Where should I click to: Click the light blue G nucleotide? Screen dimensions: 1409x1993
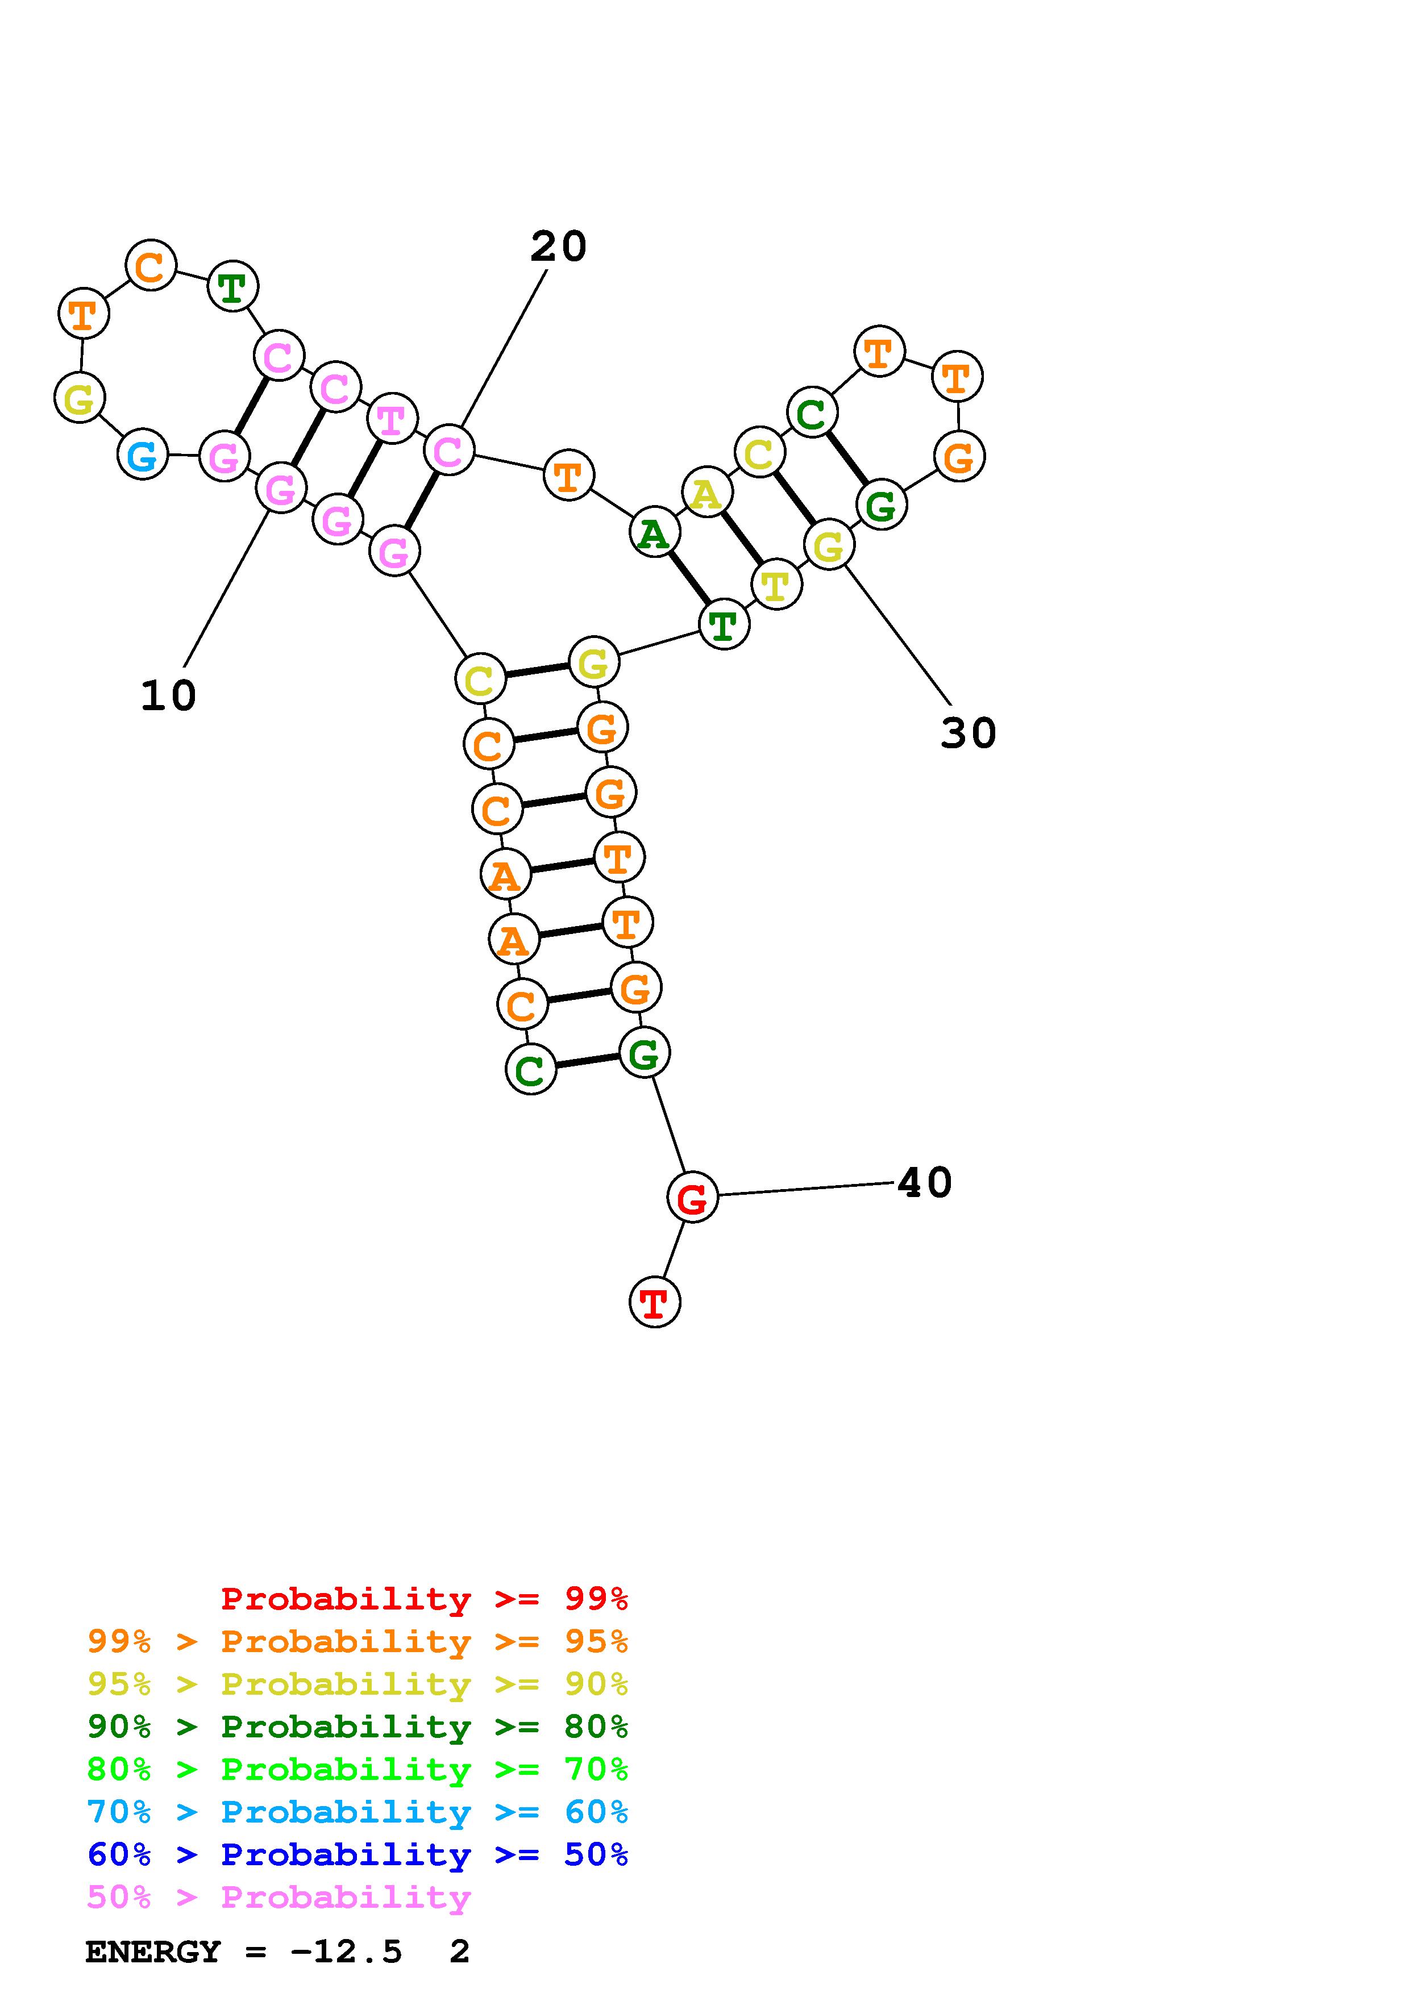[x=142, y=454]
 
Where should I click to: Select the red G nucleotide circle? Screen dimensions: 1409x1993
[x=692, y=1197]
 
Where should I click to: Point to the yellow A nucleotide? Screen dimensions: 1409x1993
[x=706, y=492]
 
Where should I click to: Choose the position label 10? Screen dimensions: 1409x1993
[x=168, y=695]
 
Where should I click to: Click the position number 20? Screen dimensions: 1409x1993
[x=558, y=247]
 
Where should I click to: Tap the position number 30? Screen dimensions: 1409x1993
[x=968, y=733]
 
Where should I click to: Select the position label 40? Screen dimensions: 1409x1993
[x=925, y=1182]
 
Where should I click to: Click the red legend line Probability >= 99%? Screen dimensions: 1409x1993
[x=425, y=1598]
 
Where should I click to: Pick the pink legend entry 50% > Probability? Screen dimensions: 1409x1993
[x=279, y=1896]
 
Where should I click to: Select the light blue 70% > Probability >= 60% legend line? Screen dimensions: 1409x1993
[x=358, y=1812]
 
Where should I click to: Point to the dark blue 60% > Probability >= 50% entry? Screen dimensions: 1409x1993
[x=358, y=1854]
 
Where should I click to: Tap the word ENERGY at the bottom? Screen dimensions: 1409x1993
[x=153, y=1952]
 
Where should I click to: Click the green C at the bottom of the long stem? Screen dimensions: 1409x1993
[x=530, y=1069]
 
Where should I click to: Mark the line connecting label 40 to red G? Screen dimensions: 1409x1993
[x=805, y=1189]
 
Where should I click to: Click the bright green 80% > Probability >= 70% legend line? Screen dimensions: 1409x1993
[x=358, y=1769]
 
